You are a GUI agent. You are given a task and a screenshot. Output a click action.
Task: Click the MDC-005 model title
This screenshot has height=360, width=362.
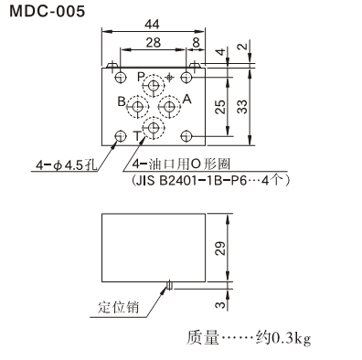tap(48, 12)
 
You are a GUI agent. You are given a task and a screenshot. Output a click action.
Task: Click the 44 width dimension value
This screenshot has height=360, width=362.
tap(152, 25)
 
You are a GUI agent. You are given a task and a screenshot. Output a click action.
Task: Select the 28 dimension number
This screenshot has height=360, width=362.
tap(153, 43)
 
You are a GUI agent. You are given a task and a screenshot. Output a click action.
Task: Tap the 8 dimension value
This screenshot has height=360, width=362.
tap(196, 43)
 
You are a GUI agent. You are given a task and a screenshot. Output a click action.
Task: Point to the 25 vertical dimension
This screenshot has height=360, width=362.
tap(220, 107)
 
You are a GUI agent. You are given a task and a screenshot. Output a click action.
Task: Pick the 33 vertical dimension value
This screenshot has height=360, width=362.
tap(242, 107)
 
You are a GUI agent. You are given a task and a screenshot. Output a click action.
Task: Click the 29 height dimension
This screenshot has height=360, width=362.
tap(220, 248)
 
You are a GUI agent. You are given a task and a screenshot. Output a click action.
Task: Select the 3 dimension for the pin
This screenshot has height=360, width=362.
tap(222, 304)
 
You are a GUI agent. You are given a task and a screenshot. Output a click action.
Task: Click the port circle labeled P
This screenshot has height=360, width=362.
tap(154, 85)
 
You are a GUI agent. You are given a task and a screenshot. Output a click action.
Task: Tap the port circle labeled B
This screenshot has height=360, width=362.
tap(138, 107)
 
